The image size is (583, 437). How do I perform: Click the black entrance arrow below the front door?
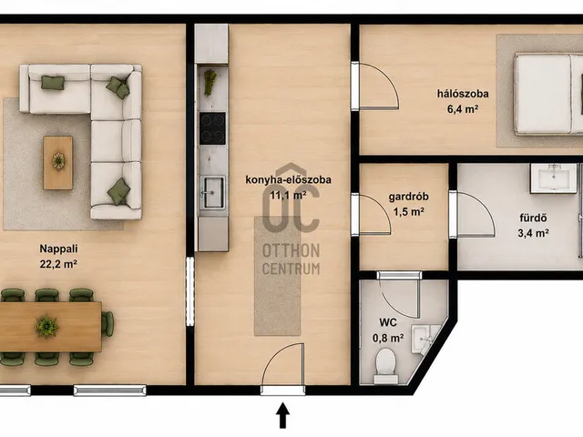coord(283,415)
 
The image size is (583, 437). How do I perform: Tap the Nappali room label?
coord(58,249)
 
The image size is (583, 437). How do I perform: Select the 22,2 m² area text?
coord(58,264)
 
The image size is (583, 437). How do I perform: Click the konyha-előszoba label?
coord(288,180)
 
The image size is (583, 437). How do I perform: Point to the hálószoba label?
coord(463,94)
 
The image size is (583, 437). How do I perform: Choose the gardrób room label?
coord(409,197)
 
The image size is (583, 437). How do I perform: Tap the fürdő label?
coord(533,218)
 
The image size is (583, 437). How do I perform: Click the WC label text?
coord(388,322)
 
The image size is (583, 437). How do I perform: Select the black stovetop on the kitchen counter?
coord(212,128)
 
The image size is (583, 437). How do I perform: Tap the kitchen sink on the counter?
coord(212,192)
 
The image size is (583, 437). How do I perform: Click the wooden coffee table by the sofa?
coord(58,163)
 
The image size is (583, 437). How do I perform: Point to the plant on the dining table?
coord(46,327)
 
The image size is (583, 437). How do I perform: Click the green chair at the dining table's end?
coord(107,324)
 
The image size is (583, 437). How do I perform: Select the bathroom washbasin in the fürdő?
coord(554,178)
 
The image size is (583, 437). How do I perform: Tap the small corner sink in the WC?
coord(425,338)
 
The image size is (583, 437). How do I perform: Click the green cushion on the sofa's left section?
coord(53,83)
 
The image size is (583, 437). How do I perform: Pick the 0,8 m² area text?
coord(388,338)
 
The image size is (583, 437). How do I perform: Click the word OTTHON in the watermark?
coord(291,251)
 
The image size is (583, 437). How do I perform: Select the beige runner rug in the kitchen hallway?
coord(277,276)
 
